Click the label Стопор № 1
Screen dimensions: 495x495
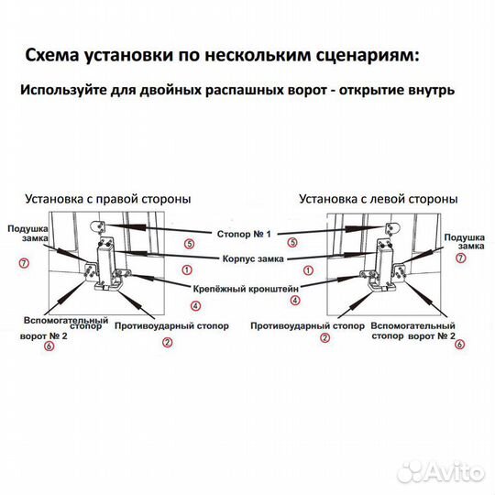[x=244, y=234]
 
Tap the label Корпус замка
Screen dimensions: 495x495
[x=253, y=258]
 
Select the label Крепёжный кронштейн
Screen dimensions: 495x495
[x=246, y=289]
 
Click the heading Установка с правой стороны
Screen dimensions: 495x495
[x=108, y=199]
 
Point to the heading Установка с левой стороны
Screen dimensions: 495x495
[x=379, y=199]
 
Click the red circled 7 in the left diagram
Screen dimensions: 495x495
[x=24, y=263]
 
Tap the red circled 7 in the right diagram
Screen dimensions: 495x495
[x=460, y=258]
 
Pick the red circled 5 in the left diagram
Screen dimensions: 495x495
[x=189, y=244]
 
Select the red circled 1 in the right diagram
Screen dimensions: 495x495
[x=308, y=270]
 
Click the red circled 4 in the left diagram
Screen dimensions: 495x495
[x=196, y=305]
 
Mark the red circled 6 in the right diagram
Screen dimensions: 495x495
[x=459, y=344]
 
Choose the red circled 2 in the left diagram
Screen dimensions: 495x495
[x=168, y=342]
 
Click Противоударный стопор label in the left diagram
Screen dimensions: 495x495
[x=171, y=325]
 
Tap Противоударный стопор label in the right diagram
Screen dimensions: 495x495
[x=307, y=325]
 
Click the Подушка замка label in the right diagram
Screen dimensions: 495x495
[x=464, y=242]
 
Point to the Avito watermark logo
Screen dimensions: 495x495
[x=441, y=473]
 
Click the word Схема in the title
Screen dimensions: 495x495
[x=51, y=55]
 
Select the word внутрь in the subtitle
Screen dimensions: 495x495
[x=432, y=90]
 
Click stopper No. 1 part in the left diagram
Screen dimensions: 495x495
[x=99, y=227]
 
